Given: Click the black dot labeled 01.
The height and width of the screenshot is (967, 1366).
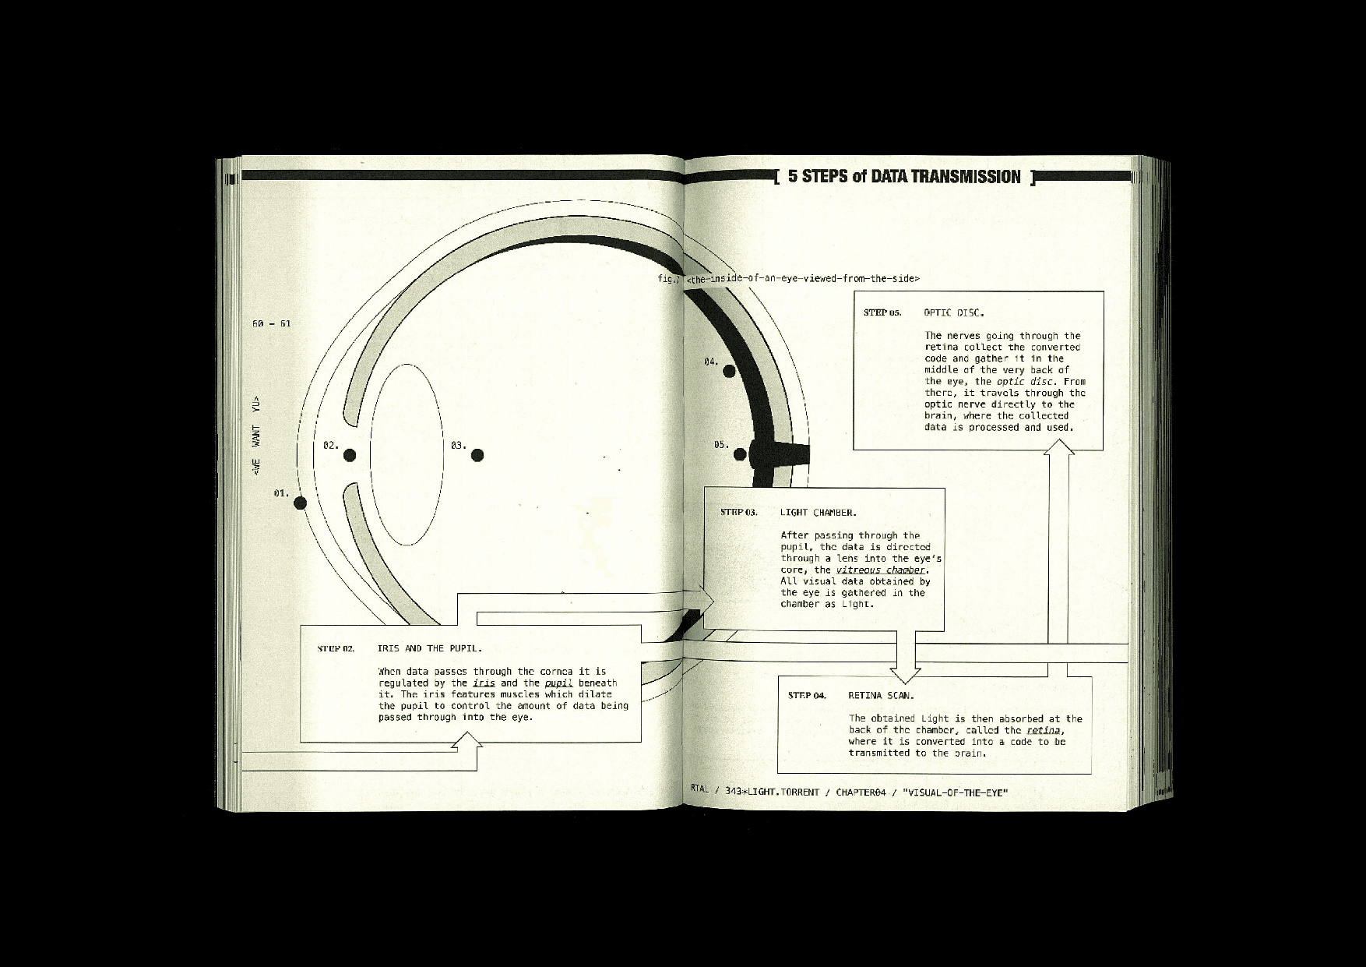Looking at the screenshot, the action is [x=301, y=503].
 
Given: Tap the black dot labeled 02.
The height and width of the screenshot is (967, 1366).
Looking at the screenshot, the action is [x=350, y=455].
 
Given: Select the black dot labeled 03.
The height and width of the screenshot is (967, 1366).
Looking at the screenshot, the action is [x=477, y=455].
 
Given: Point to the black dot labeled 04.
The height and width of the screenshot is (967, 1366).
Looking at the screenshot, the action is [x=729, y=371].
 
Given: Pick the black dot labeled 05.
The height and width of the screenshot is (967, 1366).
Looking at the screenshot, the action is [x=741, y=454].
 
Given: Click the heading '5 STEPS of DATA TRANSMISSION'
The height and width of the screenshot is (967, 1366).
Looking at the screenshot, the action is [x=903, y=177].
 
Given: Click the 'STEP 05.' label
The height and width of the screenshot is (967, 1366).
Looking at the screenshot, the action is [x=882, y=312].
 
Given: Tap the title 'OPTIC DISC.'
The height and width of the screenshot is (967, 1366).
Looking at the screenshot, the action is [x=954, y=313].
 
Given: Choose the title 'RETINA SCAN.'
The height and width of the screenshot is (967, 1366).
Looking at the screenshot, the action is [x=881, y=695].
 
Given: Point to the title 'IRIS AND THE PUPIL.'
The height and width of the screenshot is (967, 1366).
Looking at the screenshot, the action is [x=430, y=648].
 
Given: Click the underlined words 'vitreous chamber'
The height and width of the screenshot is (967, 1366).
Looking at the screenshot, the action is [x=882, y=570].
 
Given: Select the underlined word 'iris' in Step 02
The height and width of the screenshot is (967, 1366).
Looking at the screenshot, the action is [x=484, y=683].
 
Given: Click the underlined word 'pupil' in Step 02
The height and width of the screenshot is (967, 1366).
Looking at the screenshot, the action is [x=558, y=683].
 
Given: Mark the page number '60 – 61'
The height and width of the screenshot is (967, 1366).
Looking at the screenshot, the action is [x=271, y=323].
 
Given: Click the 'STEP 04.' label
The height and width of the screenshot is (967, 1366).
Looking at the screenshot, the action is [x=807, y=695].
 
